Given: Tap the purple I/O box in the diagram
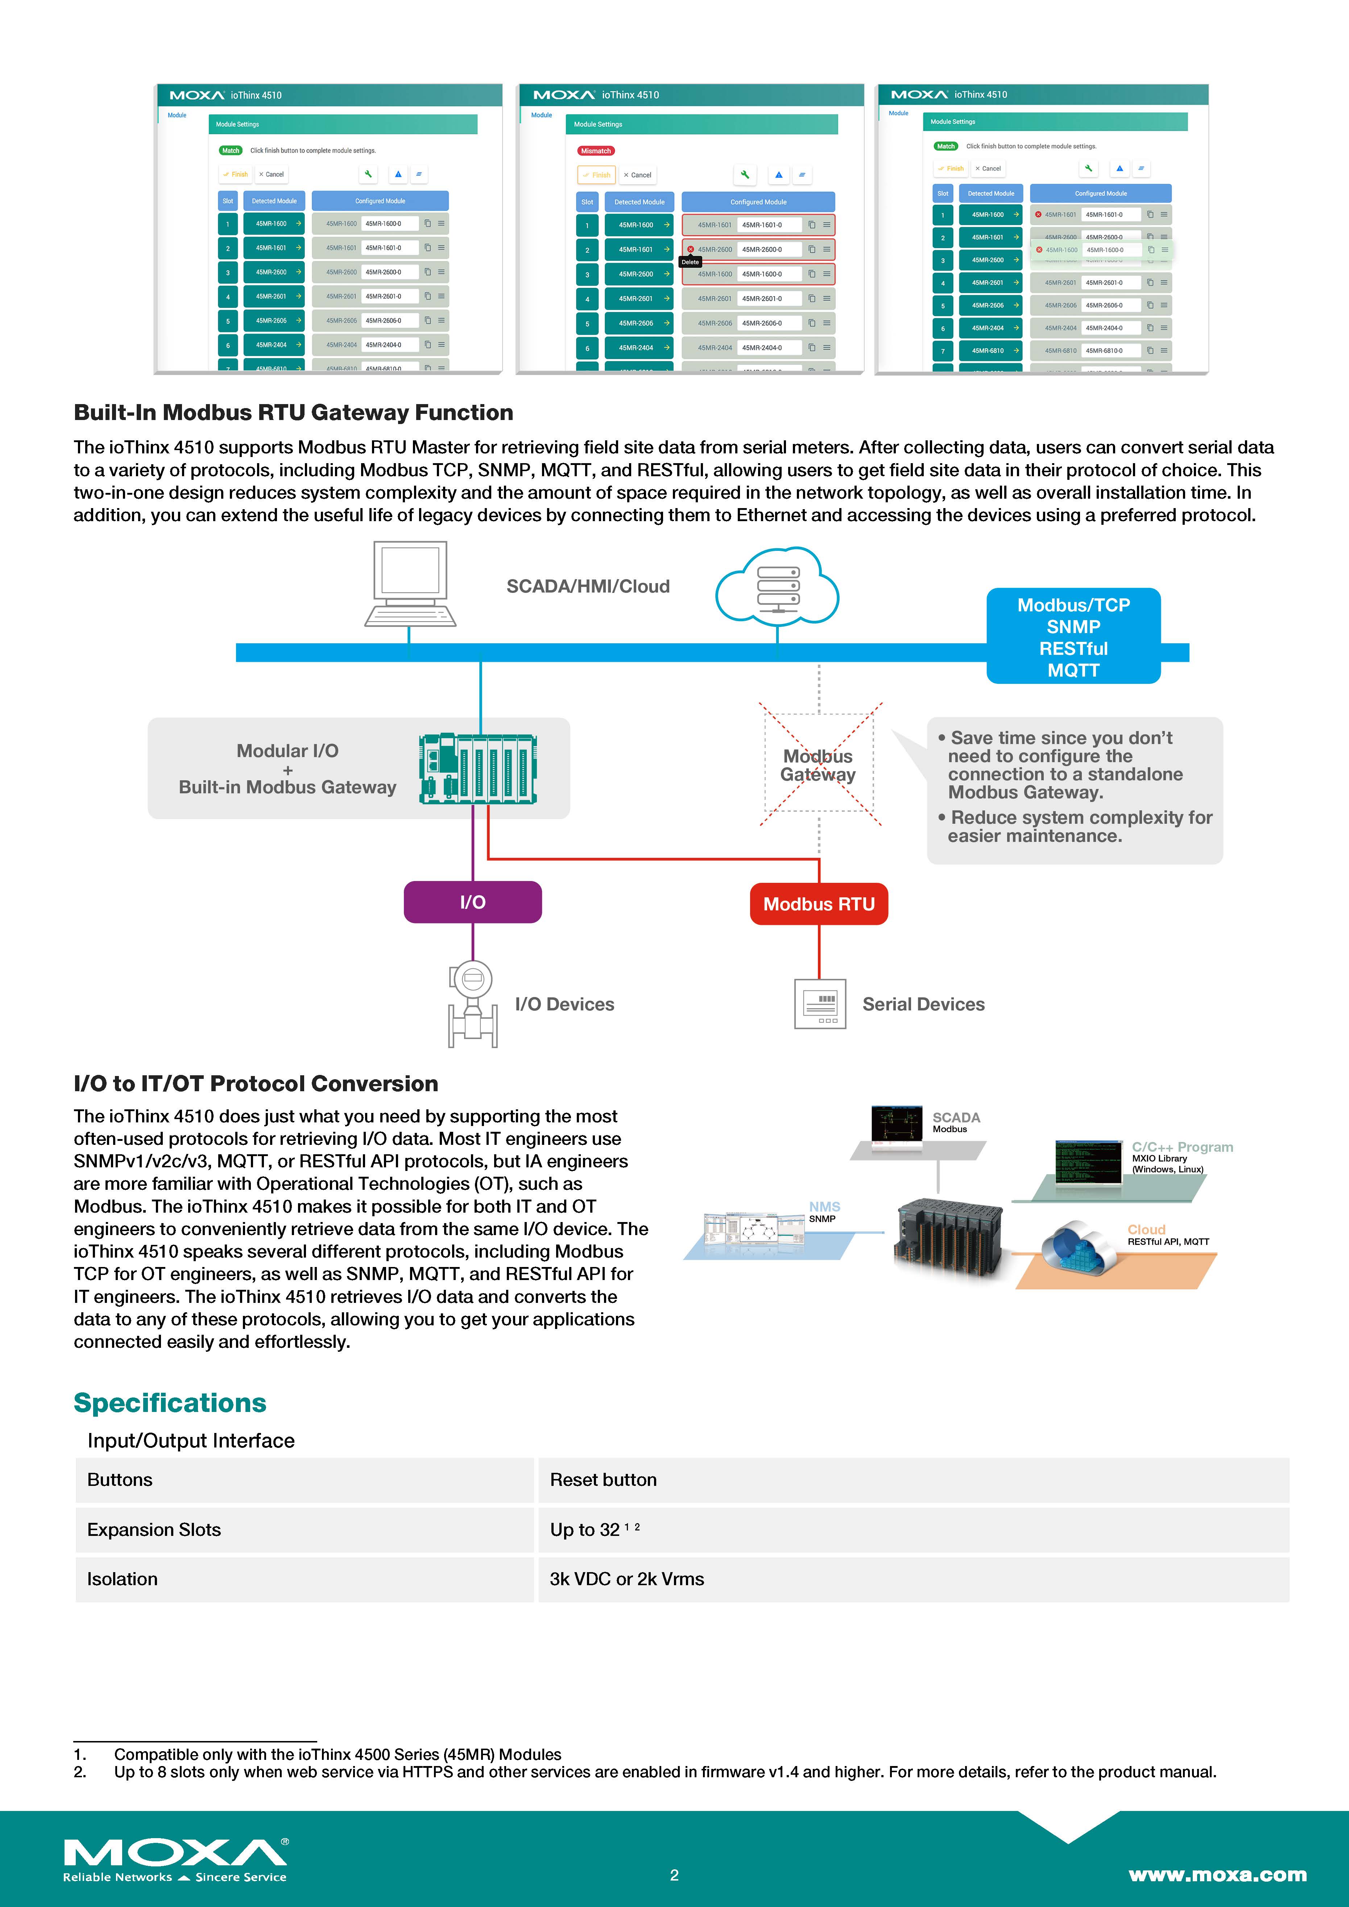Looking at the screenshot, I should [x=473, y=902].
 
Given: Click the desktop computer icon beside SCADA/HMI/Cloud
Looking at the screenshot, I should [x=410, y=584].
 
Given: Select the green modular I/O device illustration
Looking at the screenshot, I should [x=477, y=768].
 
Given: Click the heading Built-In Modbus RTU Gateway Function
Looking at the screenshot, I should [x=293, y=413].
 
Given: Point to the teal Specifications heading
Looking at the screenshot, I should [x=170, y=1403].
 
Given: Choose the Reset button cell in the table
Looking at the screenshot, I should [x=603, y=1480].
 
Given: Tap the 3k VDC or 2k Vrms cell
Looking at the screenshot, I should [x=627, y=1579].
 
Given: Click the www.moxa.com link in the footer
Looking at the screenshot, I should [x=1217, y=1875].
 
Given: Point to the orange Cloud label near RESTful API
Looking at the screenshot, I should [x=1146, y=1229].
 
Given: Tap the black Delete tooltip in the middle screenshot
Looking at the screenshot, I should [x=690, y=262].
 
